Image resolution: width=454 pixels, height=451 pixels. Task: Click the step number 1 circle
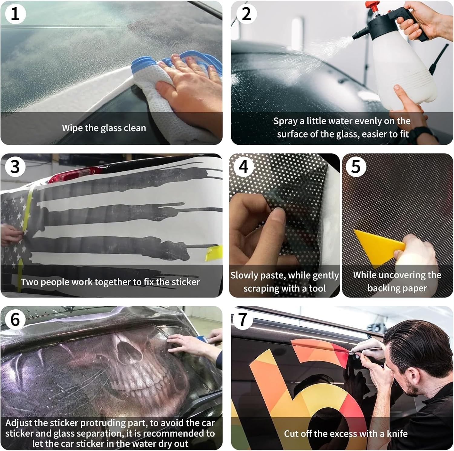pyautogui.click(x=15, y=14)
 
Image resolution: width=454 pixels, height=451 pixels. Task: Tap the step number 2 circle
pyautogui.click(x=246, y=14)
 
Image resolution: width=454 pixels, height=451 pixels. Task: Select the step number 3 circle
pyautogui.click(x=15, y=167)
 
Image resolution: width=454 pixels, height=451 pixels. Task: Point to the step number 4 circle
pyautogui.click(x=244, y=167)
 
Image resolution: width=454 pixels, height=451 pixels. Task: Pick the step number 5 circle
pyautogui.click(x=356, y=167)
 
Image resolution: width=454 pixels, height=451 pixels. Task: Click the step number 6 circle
pyautogui.click(x=15, y=319)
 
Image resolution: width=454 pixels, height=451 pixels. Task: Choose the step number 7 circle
pyautogui.click(x=242, y=319)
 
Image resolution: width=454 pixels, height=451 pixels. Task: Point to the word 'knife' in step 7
pyautogui.click(x=397, y=433)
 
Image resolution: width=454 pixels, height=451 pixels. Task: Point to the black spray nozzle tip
pyautogui.click(x=354, y=37)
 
